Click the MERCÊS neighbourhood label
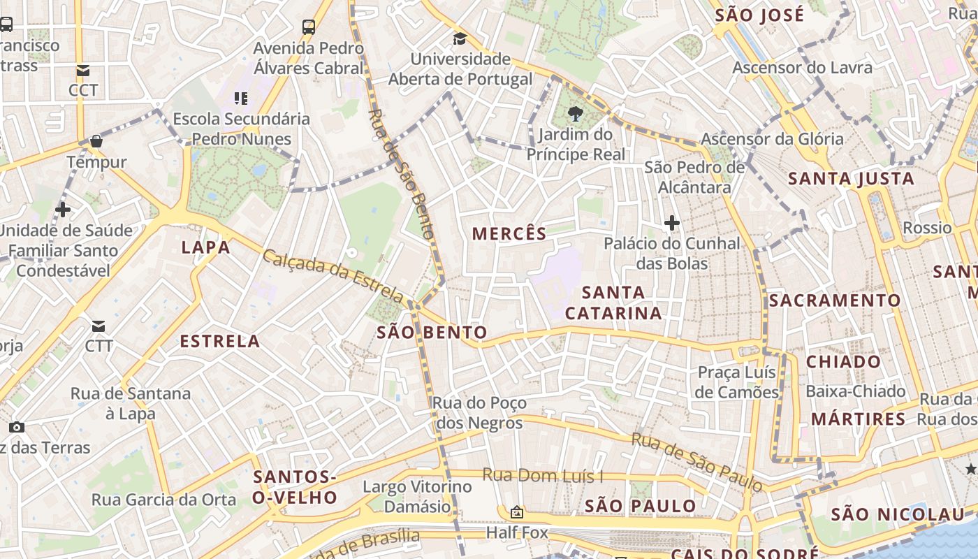tap(509, 233)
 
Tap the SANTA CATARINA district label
tap(613, 303)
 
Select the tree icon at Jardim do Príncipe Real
tap(576, 113)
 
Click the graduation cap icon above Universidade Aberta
tap(460, 39)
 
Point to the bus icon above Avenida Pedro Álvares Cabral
tap(309, 27)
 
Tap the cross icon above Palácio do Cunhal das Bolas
tap(672, 223)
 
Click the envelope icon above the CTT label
tap(98, 326)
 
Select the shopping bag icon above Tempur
tap(96, 141)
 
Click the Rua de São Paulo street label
tap(696, 461)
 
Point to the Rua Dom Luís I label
tap(543, 477)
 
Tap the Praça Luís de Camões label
tap(737, 382)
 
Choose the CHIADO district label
tap(843, 362)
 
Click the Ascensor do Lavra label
tap(802, 68)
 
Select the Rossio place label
tap(927, 228)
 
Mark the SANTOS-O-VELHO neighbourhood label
tap(295, 487)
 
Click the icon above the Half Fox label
tap(517, 513)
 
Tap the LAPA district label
tap(205, 247)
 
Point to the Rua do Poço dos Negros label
tap(479, 412)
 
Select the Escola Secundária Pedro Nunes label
tap(241, 129)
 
